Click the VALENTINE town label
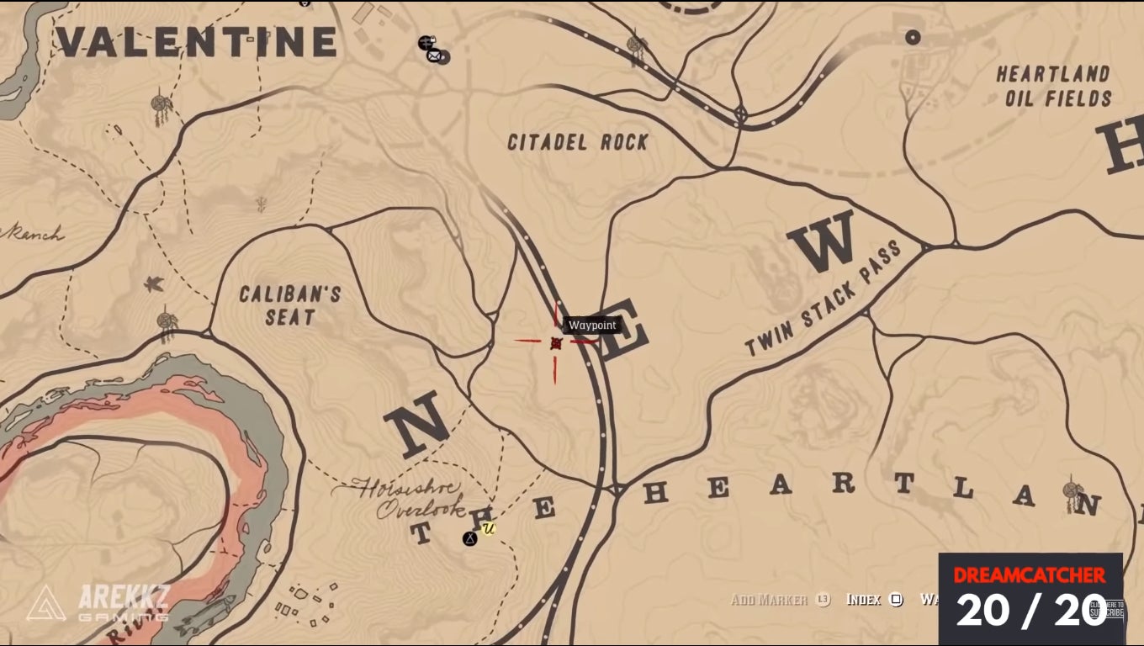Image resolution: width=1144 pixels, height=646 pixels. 196,42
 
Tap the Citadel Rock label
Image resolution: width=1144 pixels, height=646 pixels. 578,142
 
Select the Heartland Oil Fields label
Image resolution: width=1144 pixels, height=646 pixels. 1053,87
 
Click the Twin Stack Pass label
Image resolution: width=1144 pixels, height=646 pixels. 824,298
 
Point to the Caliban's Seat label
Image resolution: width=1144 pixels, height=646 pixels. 289,305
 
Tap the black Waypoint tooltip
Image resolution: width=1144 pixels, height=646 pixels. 592,326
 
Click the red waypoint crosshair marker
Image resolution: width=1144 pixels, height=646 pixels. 555,342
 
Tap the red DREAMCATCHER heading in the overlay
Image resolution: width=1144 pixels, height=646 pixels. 1030,575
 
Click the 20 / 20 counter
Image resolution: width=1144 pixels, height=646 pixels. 1030,611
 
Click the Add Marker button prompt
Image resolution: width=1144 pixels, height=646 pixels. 779,600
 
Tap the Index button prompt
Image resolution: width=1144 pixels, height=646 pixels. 873,600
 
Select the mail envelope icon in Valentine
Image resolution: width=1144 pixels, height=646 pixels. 434,56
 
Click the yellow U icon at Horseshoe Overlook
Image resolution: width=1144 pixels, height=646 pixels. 489,528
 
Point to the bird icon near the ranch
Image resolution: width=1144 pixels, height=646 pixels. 153,284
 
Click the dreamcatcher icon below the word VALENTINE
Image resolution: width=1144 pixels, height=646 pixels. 160,105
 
